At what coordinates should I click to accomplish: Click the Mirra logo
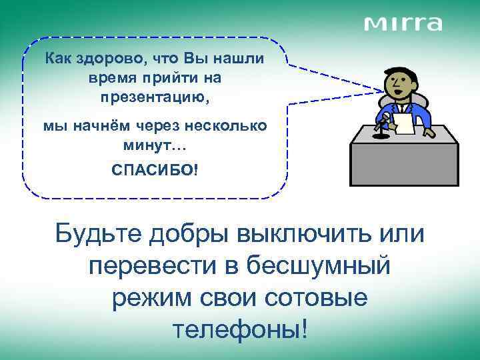click(403, 23)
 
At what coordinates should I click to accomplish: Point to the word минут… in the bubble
click(154, 144)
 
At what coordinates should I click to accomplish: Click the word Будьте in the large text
click(97, 235)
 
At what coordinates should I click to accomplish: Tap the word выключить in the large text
click(297, 235)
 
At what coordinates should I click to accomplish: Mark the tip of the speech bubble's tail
click(385, 91)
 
